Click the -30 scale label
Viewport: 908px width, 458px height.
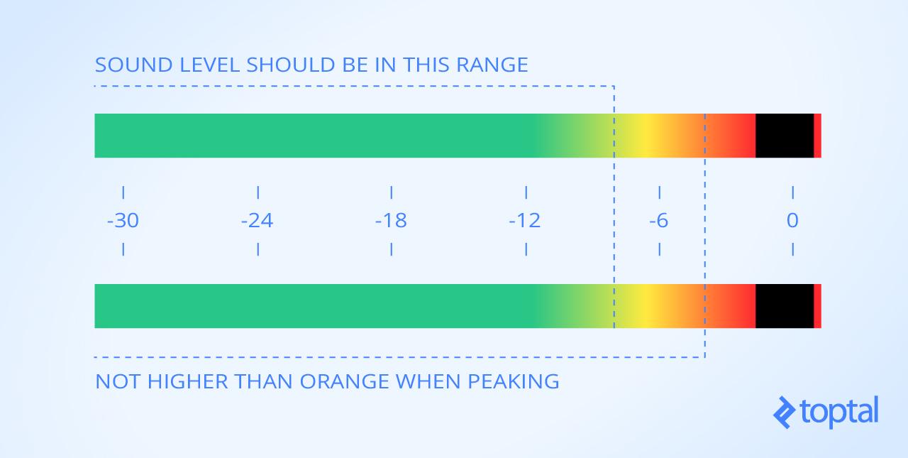(x=123, y=221)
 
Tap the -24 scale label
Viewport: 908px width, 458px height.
(x=257, y=221)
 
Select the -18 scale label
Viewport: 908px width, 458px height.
(x=391, y=221)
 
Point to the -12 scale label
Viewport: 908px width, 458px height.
(x=524, y=221)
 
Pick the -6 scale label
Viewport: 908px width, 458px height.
(x=659, y=221)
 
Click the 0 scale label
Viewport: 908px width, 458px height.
(x=792, y=221)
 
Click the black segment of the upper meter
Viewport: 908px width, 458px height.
(x=785, y=136)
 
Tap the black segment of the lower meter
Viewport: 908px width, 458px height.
(x=785, y=306)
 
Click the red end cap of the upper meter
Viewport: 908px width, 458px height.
(x=818, y=136)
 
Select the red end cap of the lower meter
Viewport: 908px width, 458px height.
(x=818, y=306)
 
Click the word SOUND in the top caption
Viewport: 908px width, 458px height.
(x=134, y=65)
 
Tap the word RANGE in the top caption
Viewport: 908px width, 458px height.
(x=492, y=65)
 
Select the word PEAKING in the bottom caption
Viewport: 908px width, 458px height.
(x=514, y=382)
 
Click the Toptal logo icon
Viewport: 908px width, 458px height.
(x=785, y=412)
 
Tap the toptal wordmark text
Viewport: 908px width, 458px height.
(x=839, y=412)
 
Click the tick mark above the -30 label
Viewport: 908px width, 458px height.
(x=123, y=192)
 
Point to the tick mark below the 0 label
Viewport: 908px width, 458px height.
(x=793, y=249)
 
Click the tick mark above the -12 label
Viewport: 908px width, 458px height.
(x=526, y=192)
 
